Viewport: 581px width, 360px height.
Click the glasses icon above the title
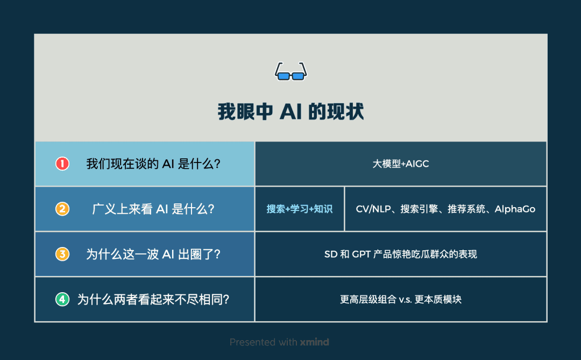(290, 72)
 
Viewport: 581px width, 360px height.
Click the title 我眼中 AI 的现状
(290, 111)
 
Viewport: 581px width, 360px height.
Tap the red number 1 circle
(62, 164)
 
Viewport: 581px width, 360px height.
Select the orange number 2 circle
(62, 209)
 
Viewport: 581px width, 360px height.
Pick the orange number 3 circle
(62, 254)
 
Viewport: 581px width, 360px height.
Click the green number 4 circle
(62, 299)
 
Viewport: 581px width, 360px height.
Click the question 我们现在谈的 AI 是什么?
(153, 164)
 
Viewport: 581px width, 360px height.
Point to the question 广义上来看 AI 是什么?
(153, 209)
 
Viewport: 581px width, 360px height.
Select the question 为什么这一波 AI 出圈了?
(153, 254)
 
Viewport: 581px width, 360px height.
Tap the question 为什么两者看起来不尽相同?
(153, 299)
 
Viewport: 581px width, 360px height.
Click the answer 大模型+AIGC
(401, 164)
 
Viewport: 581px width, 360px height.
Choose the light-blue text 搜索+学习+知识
(300, 209)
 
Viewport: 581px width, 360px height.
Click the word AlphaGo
(515, 209)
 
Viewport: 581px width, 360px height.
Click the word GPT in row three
(362, 254)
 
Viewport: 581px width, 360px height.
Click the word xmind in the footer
(314, 342)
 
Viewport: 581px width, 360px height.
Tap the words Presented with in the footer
(260, 342)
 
